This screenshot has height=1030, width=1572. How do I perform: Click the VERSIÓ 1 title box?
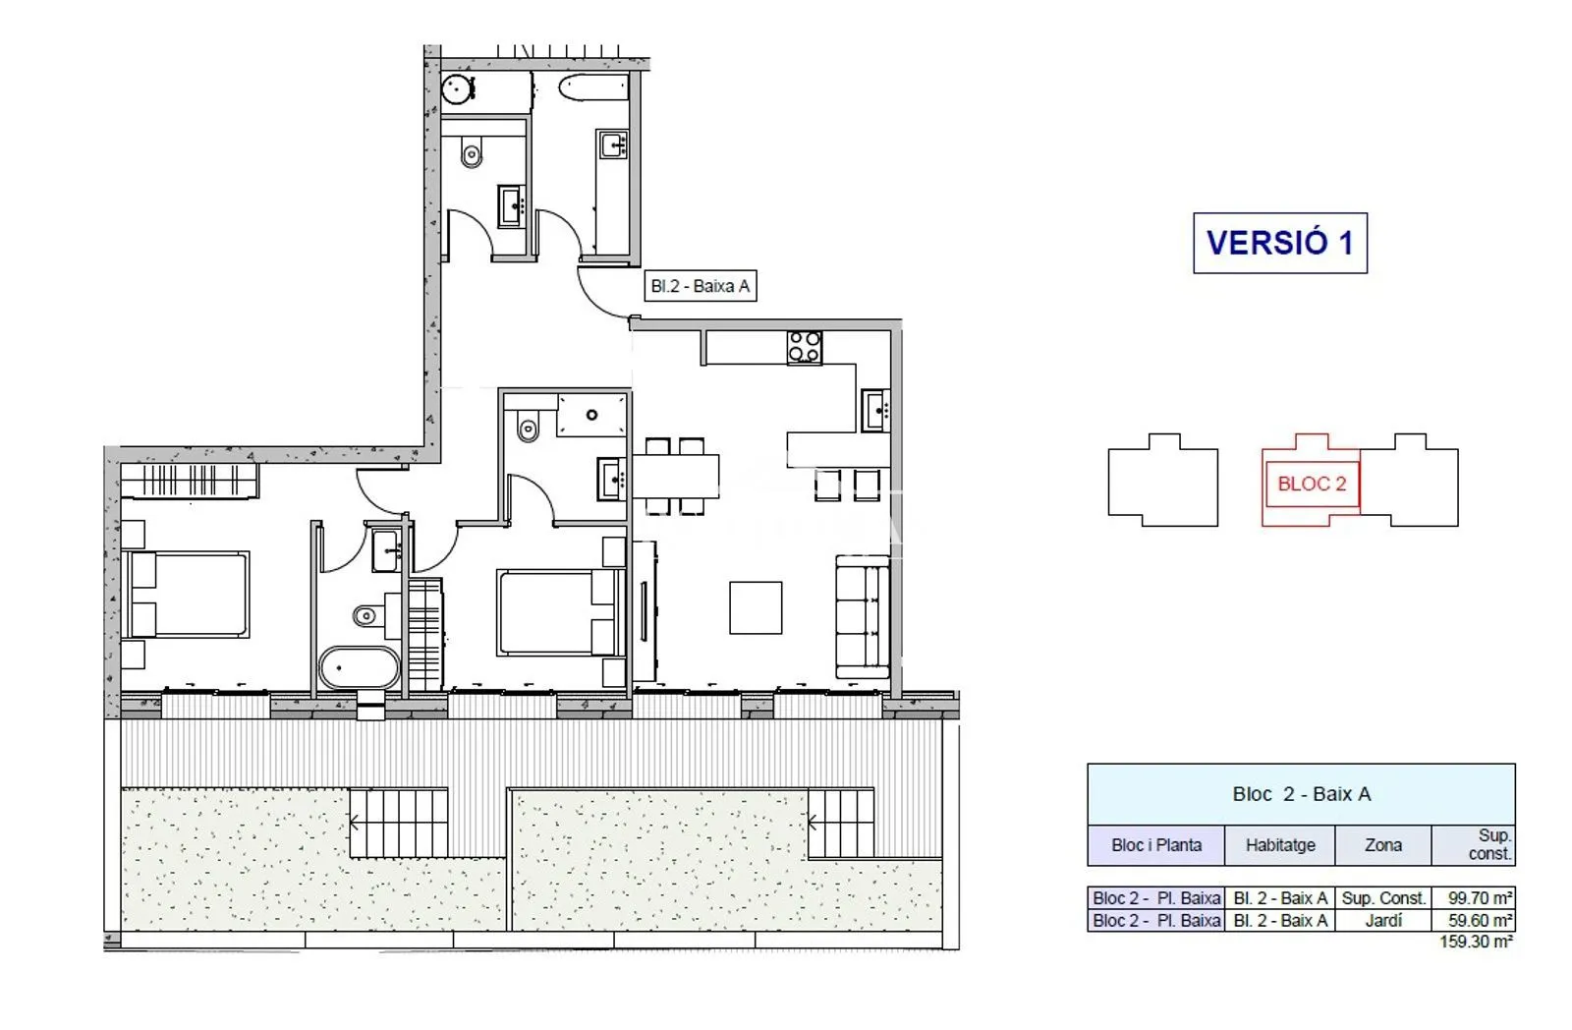coord(1280,243)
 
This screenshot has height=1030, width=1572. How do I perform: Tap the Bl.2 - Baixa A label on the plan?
coord(701,286)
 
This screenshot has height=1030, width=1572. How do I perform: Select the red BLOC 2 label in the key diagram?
coord(1312,484)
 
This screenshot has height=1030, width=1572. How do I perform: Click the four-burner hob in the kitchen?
coord(805,347)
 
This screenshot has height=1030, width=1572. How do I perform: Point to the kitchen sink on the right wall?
coord(875,411)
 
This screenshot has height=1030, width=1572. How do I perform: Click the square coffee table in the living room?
coord(756,607)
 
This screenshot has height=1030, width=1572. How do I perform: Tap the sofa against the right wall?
coord(863,616)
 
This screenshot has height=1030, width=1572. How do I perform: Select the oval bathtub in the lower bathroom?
coord(360,667)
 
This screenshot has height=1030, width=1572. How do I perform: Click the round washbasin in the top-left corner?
coord(458,89)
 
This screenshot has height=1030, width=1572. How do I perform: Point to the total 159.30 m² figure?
coord(1476,942)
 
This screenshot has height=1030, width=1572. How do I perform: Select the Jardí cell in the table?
coord(1383,921)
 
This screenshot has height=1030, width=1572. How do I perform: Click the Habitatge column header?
coord(1280,844)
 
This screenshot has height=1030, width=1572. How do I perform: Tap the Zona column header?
coord(1383,844)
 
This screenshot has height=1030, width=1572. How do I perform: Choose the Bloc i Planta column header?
coord(1155,844)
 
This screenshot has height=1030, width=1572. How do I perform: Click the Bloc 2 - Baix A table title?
coord(1301,794)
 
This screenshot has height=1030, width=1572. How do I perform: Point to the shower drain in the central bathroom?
coord(592,415)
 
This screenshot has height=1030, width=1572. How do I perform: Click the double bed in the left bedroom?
coord(186,594)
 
